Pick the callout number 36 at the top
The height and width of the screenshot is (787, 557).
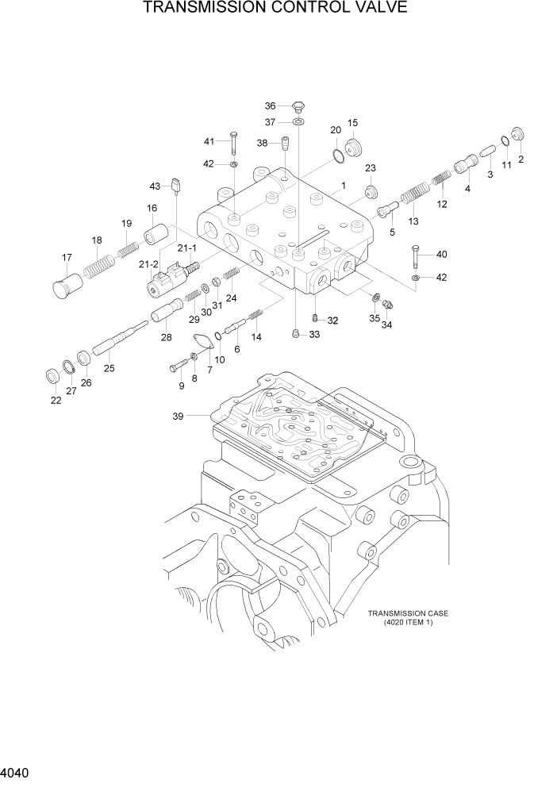(270, 106)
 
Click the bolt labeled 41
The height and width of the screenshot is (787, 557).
(233, 144)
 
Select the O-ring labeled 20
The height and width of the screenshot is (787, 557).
(338, 154)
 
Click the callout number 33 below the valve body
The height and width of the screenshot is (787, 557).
(314, 335)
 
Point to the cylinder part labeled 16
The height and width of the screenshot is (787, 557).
(156, 235)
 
